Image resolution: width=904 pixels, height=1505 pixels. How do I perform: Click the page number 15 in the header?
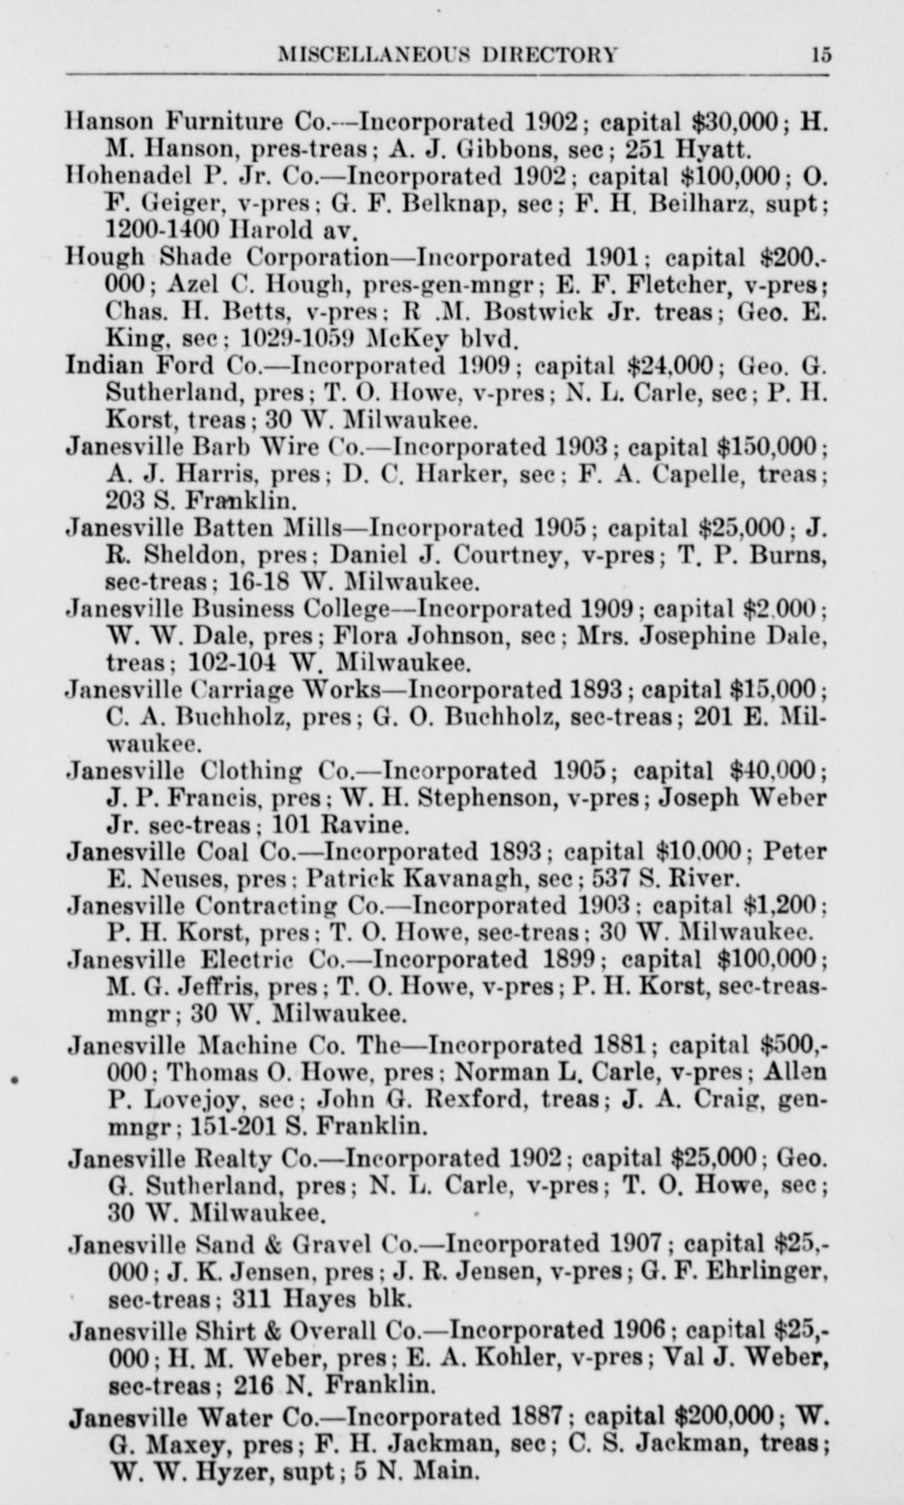(821, 55)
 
